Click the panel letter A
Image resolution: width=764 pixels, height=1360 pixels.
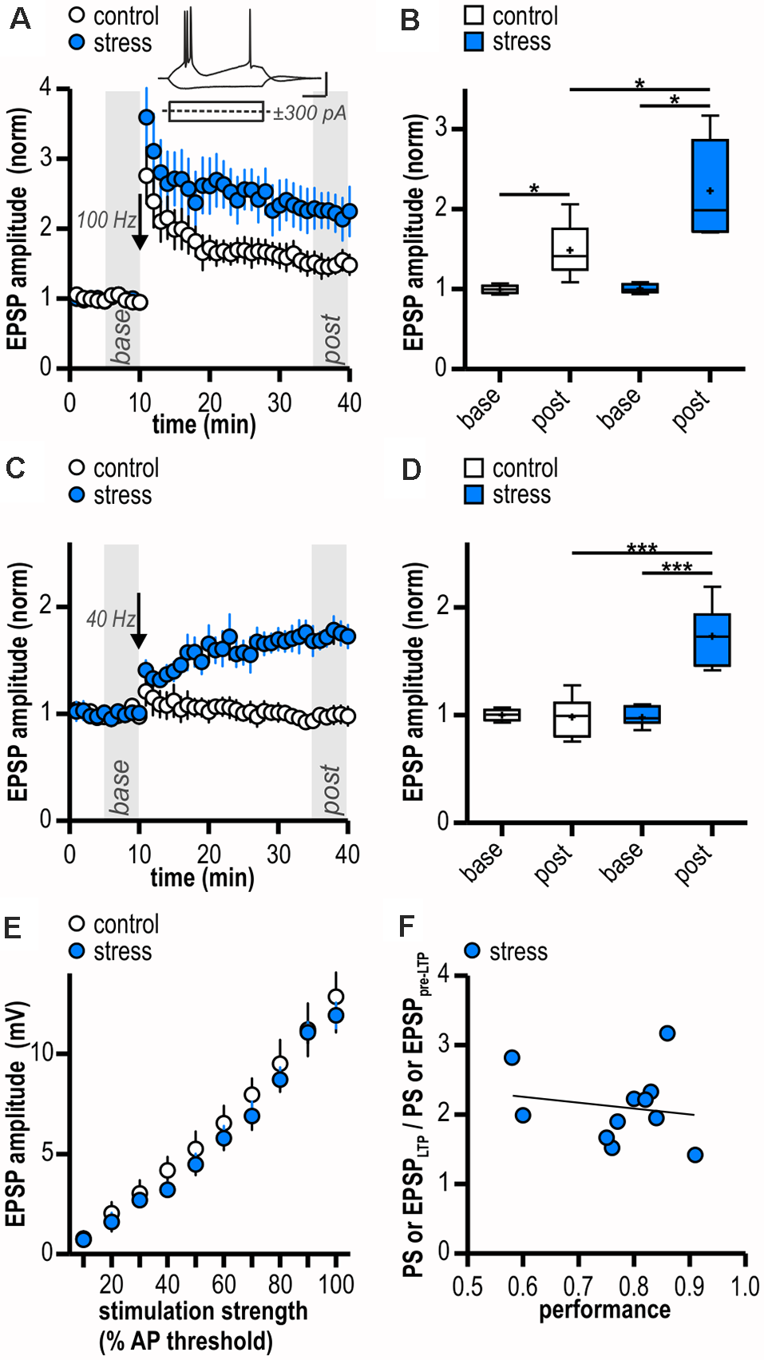[x=20, y=18]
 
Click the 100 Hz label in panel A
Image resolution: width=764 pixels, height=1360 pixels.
[x=105, y=220]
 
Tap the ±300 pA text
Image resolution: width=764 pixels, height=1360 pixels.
[x=310, y=113]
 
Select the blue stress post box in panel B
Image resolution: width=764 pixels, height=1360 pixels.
[x=710, y=186]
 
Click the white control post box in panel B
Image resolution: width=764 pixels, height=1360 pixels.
[x=569, y=249]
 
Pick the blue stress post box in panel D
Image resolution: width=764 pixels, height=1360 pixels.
[x=711, y=640]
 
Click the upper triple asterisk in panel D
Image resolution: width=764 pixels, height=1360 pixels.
[x=642, y=548]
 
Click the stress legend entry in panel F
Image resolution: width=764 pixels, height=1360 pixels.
[x=506, y=951]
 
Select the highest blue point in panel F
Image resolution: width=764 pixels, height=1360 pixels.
[x=667, y=1033]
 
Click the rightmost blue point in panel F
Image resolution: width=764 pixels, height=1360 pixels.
[x=695, y=1155]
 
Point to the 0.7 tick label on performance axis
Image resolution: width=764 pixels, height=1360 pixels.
[x=578, y=1287]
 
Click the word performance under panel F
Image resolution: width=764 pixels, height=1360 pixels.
[x=604, y=1310]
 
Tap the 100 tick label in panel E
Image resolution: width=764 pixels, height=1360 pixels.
[x=336, y=1285]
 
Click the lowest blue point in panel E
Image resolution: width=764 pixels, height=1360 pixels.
[x=83, y=1239]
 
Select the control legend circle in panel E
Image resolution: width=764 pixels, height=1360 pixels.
[x=77, y=924]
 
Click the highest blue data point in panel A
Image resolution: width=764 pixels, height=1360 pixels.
[x=146, y=117]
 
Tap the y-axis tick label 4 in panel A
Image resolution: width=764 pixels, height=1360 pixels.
[x=46, y=86]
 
